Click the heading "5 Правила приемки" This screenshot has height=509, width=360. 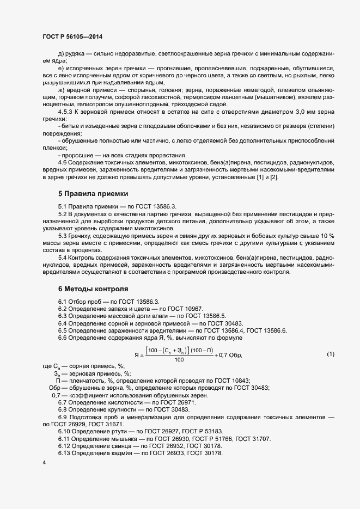pyautogui.click(x=94, y=194)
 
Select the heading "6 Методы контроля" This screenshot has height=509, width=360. pyautogui.click(x=93, y=289)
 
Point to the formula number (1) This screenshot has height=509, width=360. pyautogui.click(x=330, y=355)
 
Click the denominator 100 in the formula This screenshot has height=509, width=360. pyautogui.click(x=179, y=360)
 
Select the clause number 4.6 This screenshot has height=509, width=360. pyautogui.click(x=63, y=163)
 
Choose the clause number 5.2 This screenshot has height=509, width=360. pyautogui.click(x=63, y=214)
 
